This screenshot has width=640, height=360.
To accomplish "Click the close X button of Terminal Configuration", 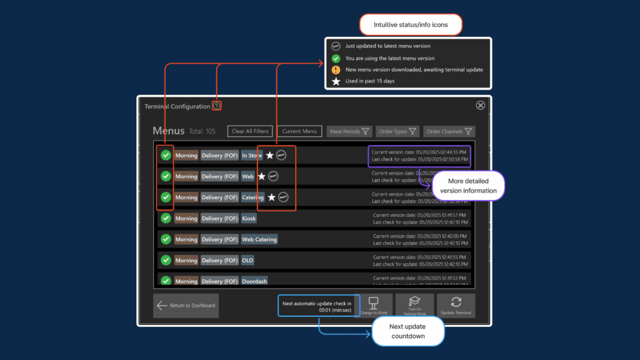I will pyautogui.click(x=480, y=106).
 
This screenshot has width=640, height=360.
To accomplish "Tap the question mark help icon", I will pyautogui.click(x=216, y=106).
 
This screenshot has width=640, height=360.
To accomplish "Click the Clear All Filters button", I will pyautogui.click(x=250, y=131).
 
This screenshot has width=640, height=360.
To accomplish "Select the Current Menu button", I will pyautogui.click(x=299, y=131).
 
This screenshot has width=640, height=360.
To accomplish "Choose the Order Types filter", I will pyautogui.click(x=397, y=132).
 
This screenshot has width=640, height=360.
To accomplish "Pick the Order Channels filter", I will pyautogui.click(x=449, y=132).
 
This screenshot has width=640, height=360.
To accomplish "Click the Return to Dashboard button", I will pyautogui.click(x=186, y=306).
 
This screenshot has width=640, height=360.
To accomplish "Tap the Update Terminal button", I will pyautogui.click(x=456, y=306).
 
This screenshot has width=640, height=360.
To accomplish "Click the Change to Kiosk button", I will pyautogui.click(x=374, y=306).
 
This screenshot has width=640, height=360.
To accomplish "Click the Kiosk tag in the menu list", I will pyautogui.click(x=249, y=219).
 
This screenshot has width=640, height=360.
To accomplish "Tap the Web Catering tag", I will pyautogui.click(x=259, y=239).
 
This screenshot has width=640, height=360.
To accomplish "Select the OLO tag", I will pyautogui.click(x=247, y=260).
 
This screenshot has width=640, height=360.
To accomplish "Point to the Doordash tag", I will pyautogui.click(x=254, y=281).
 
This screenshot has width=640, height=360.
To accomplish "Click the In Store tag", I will pyautogui.click(x=251, y=156).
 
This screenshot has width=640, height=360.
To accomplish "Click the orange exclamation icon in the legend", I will pyautogui.click(x=336, y=69).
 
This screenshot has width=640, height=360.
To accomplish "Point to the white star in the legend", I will pyautogui.click(x=336, y=81).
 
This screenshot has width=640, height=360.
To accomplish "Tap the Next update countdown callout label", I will pyautogui.click(x=408, y=331).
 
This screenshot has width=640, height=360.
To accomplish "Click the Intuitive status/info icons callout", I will pyautogui.click(x=410, y=25).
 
